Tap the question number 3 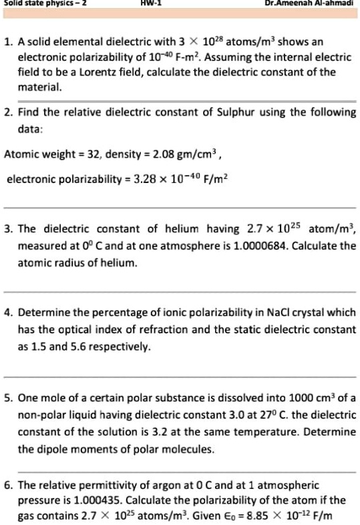click(x=10, y=229)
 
